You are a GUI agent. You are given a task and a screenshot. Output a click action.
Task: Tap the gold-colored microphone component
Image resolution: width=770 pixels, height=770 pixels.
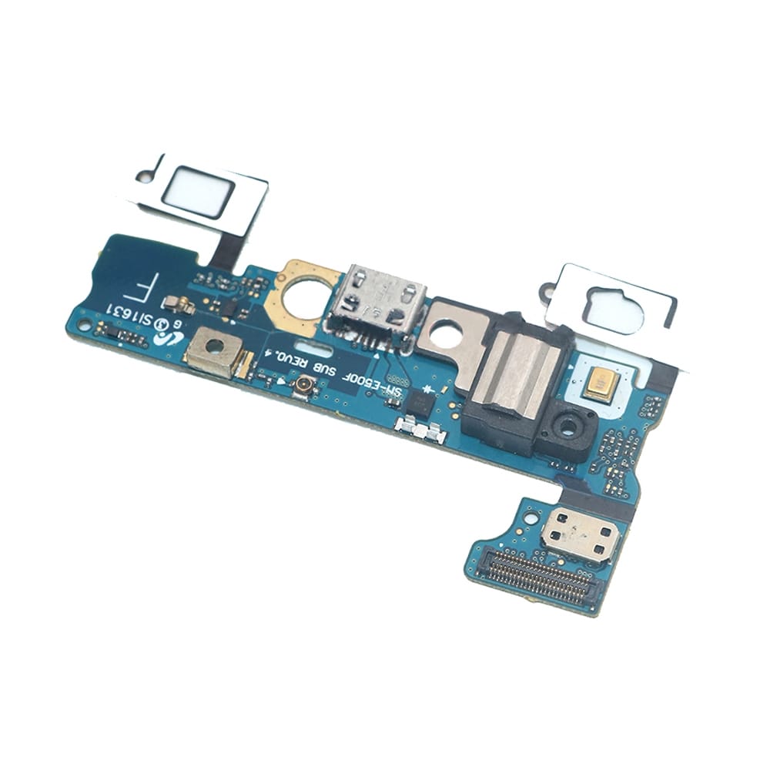[600, 383]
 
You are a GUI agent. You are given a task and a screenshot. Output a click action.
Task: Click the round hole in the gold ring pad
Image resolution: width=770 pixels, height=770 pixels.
[303, 296]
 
